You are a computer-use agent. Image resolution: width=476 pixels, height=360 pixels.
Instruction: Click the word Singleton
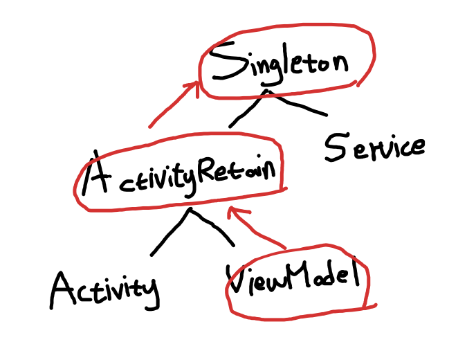click(x=280, y=64)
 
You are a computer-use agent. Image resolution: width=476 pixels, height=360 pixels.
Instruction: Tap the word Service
click(x=374, y=147)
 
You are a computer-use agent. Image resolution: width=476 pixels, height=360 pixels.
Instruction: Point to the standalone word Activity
click(x=104, y=289)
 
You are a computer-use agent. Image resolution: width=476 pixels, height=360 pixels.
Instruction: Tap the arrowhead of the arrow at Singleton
click(x=194, y=86)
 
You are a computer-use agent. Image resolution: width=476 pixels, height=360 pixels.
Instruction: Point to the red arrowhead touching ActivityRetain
click(x=235, y=210)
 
